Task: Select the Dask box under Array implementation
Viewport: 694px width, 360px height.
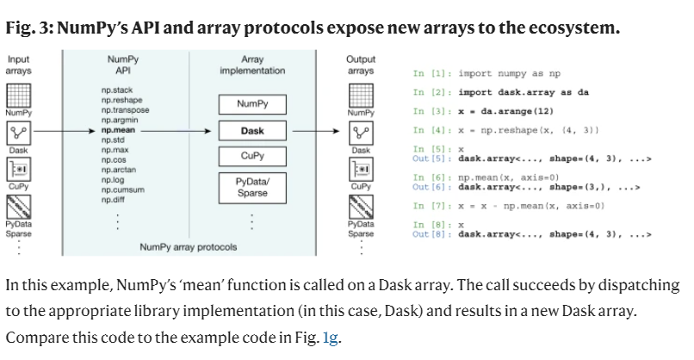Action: click(x=252, y=131)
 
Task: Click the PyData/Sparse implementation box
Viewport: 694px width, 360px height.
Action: click(x=252, y=187)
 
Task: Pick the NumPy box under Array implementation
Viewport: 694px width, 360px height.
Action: click(x=252, y=103)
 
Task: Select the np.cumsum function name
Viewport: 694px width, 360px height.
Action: click(x=121, y=190)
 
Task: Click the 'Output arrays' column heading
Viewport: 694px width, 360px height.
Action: click(x=360, y=65)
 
